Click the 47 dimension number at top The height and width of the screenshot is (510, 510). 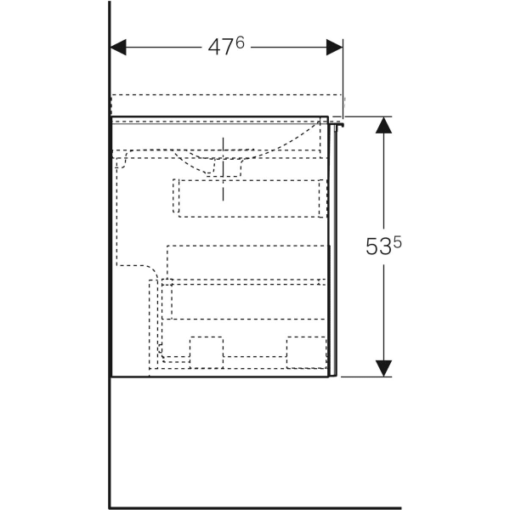(220, 48)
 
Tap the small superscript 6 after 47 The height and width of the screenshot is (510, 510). (240, 42)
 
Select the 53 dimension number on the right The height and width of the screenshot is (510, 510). (378, 246)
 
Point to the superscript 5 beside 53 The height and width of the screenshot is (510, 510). (398, 242)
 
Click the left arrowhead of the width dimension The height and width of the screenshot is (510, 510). (118, 48)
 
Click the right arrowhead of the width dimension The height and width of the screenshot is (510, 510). (334, 48)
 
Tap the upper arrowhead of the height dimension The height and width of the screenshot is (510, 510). (383, 125)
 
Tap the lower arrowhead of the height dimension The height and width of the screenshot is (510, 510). (383, 369)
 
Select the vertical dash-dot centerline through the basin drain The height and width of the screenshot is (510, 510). (223, 169)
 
